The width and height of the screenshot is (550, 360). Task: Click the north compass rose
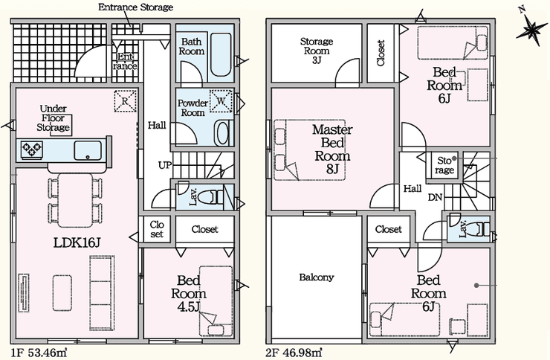point(531,29)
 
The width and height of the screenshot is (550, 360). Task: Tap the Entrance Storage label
point(135,7)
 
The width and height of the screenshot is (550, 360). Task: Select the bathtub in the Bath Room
point(221,55)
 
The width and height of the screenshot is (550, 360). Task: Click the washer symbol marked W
point(221,101)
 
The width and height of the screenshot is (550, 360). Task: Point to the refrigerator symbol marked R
point(125,101)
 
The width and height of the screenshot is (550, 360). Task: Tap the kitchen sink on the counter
point(88,150)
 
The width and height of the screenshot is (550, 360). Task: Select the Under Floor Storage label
point(54,118)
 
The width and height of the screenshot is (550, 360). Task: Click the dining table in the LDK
point(75,200)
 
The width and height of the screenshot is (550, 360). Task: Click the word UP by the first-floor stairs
point(164,165)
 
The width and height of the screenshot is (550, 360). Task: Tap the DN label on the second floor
point(435,197)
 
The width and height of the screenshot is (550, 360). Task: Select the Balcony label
point(317,277)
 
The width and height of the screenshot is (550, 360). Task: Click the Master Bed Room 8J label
point(332,149)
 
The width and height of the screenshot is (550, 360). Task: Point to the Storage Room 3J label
point(317,51)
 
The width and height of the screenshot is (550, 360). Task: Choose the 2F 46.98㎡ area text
point(294,352)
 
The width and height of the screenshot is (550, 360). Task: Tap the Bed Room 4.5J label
point(189,293)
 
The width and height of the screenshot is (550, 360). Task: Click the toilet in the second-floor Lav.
point(480,230)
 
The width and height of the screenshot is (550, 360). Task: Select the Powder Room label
point(192,108)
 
